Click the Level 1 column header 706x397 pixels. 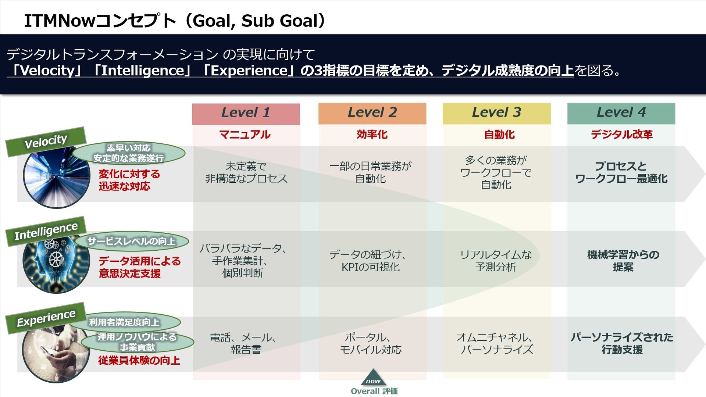point(246,114)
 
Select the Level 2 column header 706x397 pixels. point(372,113)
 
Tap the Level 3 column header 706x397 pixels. point(496,113)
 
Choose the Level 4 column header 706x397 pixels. point(621,113)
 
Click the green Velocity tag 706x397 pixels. point(46,142)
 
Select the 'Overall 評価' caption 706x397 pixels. point(374,391)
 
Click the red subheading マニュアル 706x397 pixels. point(245,135)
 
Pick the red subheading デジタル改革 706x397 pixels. point(622,135)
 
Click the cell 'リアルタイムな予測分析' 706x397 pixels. point(496,261)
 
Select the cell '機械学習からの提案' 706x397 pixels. point(623,261)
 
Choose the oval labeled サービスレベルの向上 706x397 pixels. point(132,242)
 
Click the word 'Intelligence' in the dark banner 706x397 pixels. point(143,71)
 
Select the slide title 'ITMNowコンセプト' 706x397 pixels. point(100,21)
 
